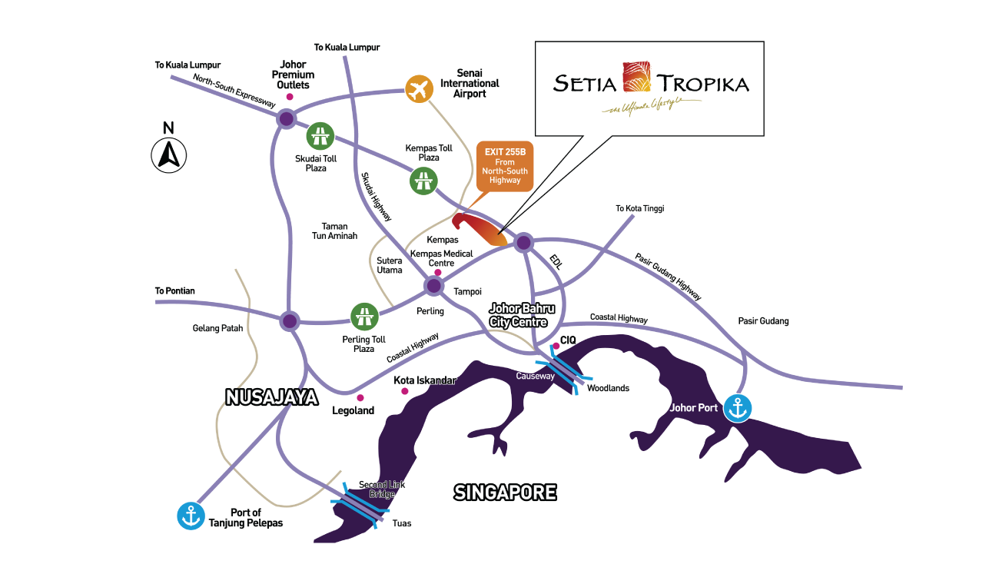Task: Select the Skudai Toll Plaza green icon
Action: [320, 137]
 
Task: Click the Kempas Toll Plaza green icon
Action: [422, 181]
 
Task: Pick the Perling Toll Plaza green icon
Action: [364, 316]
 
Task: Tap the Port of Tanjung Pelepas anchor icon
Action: [191, 515]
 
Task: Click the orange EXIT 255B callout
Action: [504, 164]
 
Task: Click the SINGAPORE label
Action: [505, 492]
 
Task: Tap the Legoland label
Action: [353, 410]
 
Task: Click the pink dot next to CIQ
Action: [556, 347]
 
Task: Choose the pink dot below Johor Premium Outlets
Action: [290, 98]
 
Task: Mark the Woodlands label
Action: [608, 388]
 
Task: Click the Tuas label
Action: [401, 523]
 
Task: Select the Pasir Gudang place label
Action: [763, 321]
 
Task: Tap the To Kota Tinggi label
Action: [639, 208]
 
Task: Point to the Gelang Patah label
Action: [217, 328]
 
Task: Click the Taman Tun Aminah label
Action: [334, 231]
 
